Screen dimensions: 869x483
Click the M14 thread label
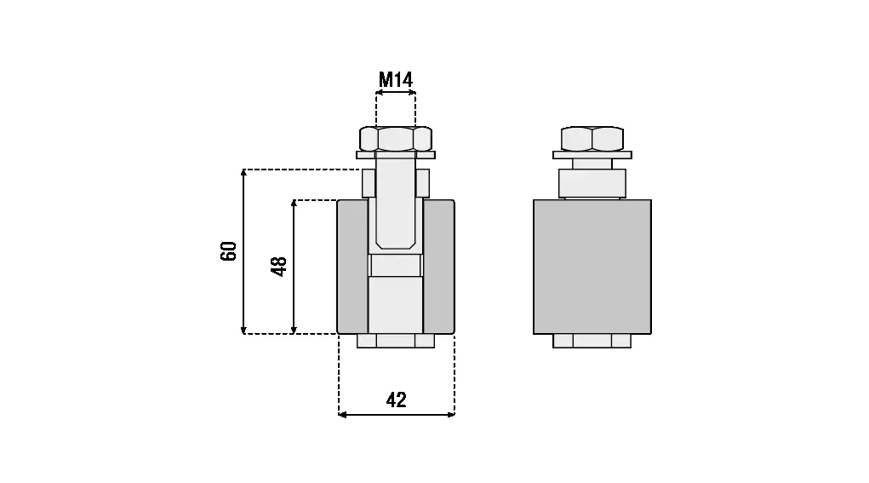396,80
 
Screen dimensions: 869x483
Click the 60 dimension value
228,251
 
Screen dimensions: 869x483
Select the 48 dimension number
278,266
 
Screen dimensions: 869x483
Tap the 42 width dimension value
397,400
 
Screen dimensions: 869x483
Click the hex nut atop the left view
396,139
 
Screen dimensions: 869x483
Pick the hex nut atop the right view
592,139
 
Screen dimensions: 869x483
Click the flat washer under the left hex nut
396,155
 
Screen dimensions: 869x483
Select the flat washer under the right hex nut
592,155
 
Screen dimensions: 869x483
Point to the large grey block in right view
592,267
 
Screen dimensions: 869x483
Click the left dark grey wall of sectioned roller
352,267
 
